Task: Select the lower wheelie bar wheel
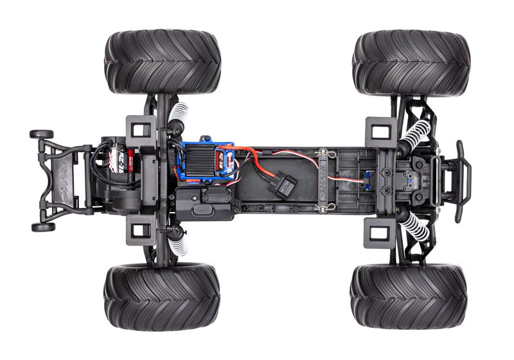[43, 227]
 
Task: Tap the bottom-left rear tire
[162, 296]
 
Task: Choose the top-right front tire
[411, 63]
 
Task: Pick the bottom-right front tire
[409, 295]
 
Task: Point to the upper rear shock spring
[179, 116]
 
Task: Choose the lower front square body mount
[377, 231]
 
